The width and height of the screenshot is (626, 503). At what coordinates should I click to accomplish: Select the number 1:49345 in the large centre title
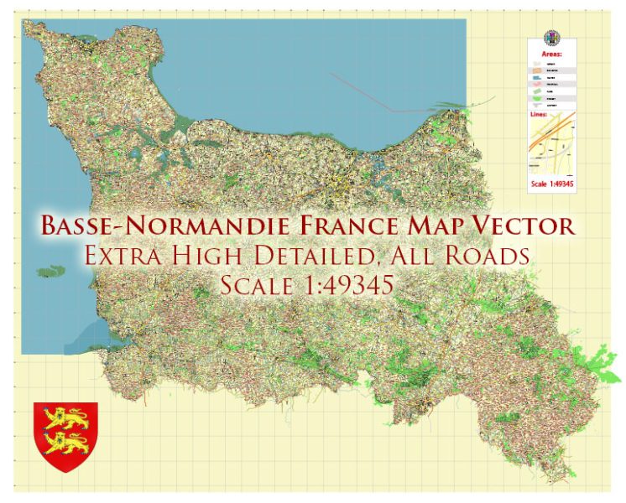(352, 285)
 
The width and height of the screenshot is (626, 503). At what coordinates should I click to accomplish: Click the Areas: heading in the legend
(551, 53)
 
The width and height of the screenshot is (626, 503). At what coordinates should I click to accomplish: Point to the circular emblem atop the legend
(551, 38)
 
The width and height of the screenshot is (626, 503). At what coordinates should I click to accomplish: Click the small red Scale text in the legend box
(551, 184)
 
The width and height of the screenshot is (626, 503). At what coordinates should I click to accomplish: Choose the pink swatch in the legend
(538, 84)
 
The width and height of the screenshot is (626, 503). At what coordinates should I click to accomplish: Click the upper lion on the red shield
(65, 417)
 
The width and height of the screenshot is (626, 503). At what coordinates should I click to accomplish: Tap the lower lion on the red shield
(65, 439)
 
